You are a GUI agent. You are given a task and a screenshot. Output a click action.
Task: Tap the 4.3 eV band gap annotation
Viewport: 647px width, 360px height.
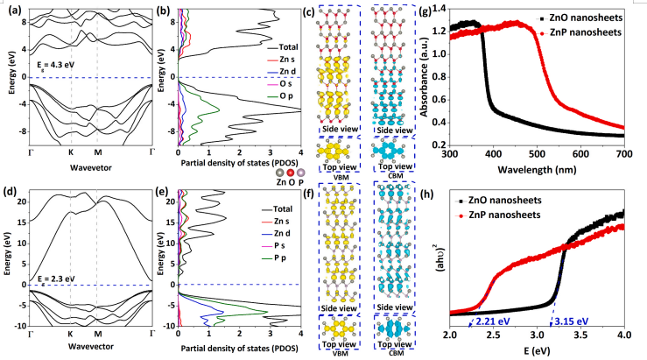click(51, 64)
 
